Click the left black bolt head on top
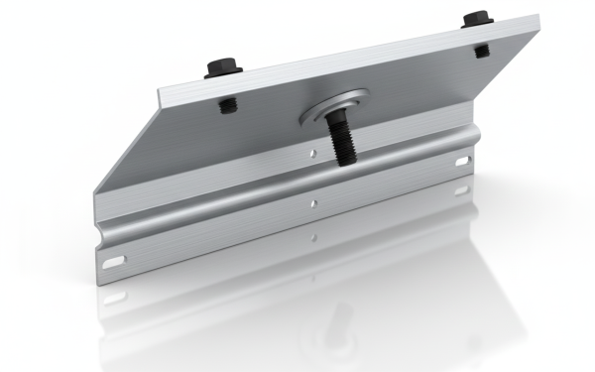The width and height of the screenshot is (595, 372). pyautogui.click(x=219, y=69)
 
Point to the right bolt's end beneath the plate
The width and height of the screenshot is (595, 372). pyautogui.click(x=479, y=49)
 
